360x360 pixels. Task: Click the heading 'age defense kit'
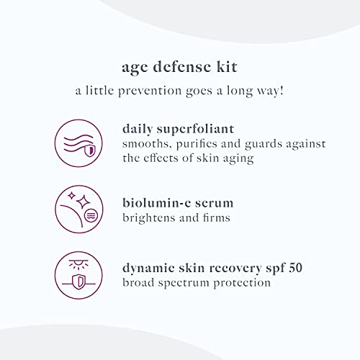(180, 68)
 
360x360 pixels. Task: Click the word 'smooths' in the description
(144, 145)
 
